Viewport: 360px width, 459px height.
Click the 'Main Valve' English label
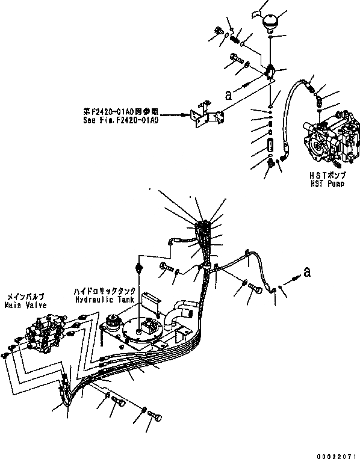coord(25,305)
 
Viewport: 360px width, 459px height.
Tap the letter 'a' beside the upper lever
coord(227,94)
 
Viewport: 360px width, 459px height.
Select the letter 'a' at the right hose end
coord(308,273)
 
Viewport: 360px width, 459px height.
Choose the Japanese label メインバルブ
coord(25,297)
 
